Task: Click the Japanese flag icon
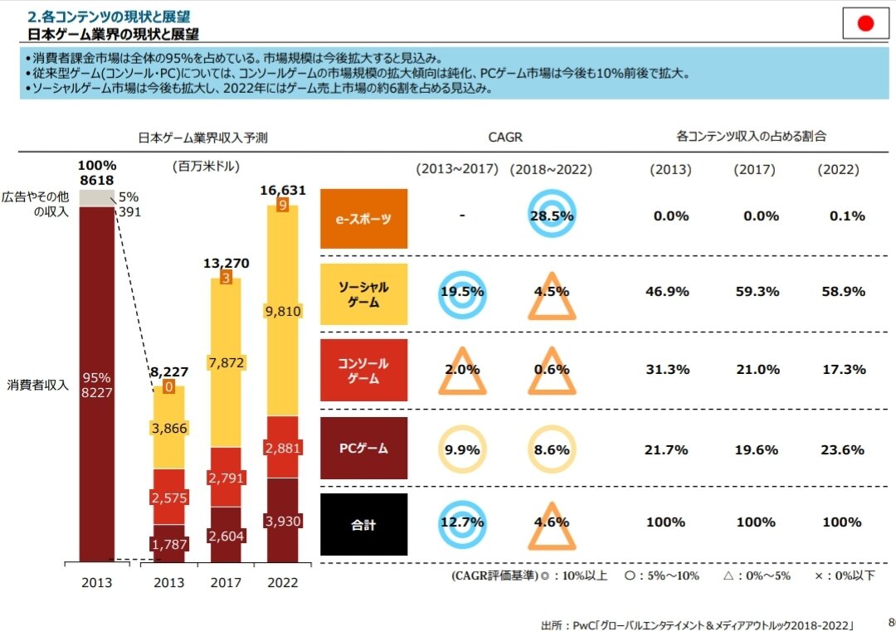[x=865, y=23]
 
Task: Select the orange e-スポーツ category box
[x=363, y=219]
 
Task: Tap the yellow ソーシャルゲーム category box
[x=363, y=294]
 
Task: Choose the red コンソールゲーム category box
[x=363, y=371]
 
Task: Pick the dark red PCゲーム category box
[x=363, y=449]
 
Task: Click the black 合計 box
[x=363, y=524]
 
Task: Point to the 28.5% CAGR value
[x=552, y=216]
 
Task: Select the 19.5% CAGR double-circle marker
[x=461, y=292]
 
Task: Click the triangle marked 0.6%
[x=552, y=371]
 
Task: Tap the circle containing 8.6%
[x=552, y=450]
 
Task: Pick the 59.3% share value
[x=756, y=292]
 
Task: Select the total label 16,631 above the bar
[x=283, y=190]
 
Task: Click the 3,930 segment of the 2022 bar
[x=283, y=521]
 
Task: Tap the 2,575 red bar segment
[x=169, y=497]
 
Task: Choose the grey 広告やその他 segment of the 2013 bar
[x=96, y=197]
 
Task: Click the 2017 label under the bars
[x=226, y=582]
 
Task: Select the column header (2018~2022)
[x=552, y=169]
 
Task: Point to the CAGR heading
[x=506, y=137]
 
